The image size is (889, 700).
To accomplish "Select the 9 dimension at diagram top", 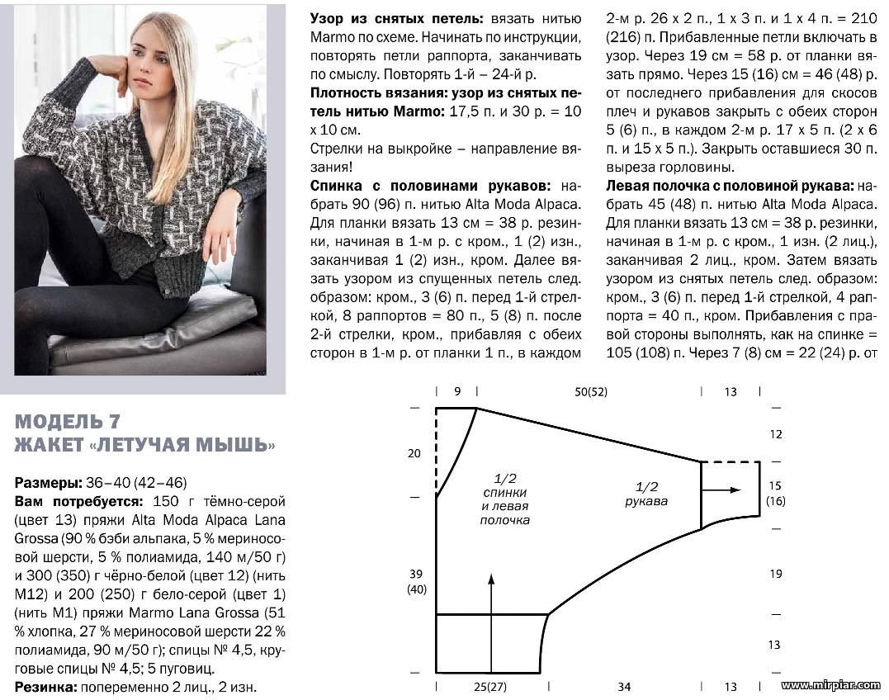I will (457, 392).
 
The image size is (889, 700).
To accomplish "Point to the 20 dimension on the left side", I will (414, 452).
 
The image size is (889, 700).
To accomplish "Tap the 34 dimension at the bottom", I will (624, 686).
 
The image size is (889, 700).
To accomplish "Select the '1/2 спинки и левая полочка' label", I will (504, 499).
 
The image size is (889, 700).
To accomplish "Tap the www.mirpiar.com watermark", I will (831, 685).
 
